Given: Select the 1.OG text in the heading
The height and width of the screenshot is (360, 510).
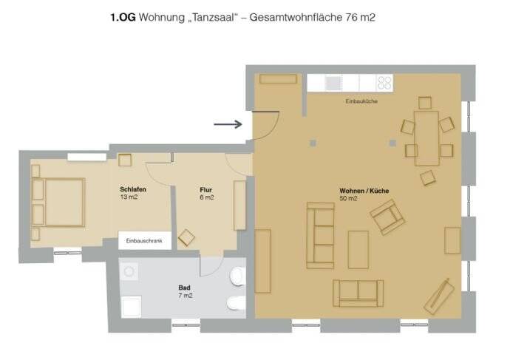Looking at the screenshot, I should pyautogui.click(x=123, y=16).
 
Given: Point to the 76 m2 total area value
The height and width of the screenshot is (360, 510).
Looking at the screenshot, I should pyautogui.click(x=359, y=16).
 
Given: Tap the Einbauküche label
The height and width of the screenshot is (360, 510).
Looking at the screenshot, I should pyautogui.click(x=361, y=101).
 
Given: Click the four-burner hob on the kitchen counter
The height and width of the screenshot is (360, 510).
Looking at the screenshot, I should pyautogui.click(x=384, y=83).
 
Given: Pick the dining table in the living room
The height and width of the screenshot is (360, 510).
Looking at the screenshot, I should pyautogui.click(x=426, y=137).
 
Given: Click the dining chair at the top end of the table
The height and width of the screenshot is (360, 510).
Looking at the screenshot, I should pyautogui.click(x=424, y=103).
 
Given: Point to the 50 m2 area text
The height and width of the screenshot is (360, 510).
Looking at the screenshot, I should pyautogui.click(x=349, y=199).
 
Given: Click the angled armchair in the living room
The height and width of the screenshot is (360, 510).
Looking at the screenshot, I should pyautogui.click(x=388, y=217).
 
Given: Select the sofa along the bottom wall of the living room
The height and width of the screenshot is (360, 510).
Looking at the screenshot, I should pyautogui.click(x=358, y=293).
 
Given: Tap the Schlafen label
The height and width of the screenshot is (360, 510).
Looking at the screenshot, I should pyautogui.click(x=132, y=190).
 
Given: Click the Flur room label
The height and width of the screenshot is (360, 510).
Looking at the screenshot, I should pyautogui.click(x=206, y=189).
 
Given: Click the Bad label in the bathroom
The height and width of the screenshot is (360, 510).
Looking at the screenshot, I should pyautogui.click(x=185, y=287).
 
